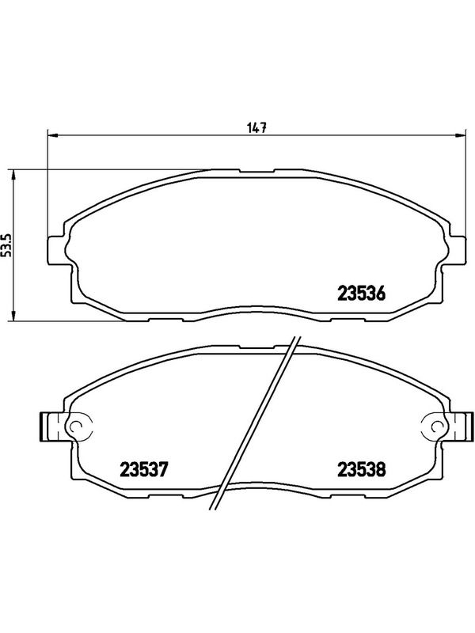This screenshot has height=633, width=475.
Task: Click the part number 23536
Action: [x=362, y=294]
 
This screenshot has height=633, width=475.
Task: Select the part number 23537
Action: [x=143, y=469]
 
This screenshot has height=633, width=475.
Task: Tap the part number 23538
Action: [x=362, y=469]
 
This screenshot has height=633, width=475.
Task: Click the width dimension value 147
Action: [x=257, y=128]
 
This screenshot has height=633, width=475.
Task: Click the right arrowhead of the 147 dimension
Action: [x=460, y=135]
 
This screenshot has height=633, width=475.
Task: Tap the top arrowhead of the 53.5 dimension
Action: [x=13, y=175]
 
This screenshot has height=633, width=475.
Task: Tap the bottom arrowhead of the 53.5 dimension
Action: [x=13, y=316]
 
